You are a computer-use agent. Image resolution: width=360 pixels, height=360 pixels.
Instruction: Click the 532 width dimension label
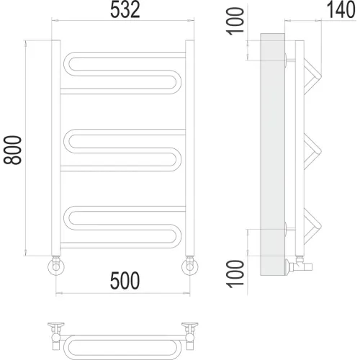pyautogui.click(x=125, y=10)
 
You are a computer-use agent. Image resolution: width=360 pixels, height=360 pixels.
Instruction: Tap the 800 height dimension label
pyautogui.click(x=12, y=150)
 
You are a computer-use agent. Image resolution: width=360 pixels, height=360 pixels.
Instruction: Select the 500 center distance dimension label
pyautogui.click(x=125, y=280)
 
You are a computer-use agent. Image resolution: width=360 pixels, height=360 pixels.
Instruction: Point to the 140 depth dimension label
pyautogui.click(x=341, y=9)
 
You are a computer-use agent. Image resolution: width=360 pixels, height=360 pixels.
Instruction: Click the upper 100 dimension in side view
pyautogui.click(x=235, y=21)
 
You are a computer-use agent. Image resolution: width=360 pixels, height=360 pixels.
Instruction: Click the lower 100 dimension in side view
pyautogui.click(x=235, y=274)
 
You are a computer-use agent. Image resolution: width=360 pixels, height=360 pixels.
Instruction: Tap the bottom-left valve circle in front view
pyautogui.click(x=56, y=266)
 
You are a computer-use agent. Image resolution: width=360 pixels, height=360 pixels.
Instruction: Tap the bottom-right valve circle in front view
pyautogui.click(x=189, y=266)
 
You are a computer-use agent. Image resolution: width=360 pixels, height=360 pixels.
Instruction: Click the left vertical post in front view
pyautogui.click(x=56, y=148)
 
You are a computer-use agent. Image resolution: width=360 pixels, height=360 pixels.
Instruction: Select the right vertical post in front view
pyautogui.click(x=189, y=148)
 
